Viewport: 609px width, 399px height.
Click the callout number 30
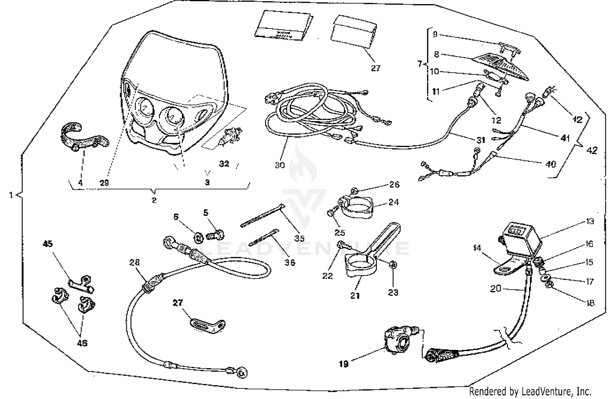pos(280,165)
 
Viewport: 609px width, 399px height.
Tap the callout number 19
pos(343,364)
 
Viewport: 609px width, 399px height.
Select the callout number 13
pos(590,221)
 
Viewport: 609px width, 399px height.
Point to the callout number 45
pos(48,244)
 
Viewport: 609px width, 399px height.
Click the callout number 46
pos(82,343)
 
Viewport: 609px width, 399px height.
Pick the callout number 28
pos(134,262)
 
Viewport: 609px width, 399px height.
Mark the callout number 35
pos(299,238)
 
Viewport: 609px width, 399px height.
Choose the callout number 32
pos(224,164)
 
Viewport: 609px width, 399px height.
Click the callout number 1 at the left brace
pos(11,195)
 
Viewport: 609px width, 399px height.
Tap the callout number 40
pos(550,164)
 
